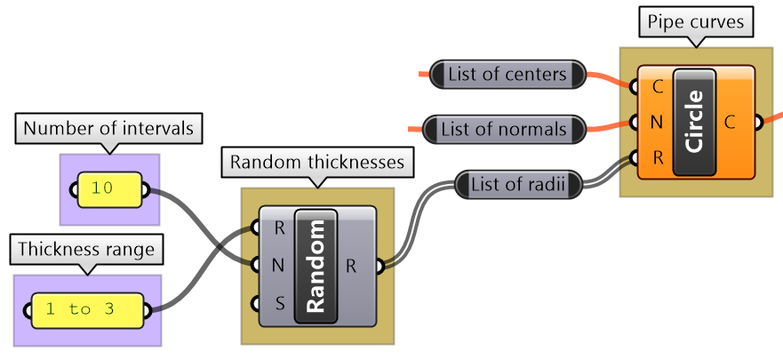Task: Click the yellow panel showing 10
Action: coord(110,189)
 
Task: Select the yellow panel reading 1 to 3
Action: coord(87,310)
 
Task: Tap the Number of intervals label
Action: coord(108,128)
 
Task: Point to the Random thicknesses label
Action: coord(317,162)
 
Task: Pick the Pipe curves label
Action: coord(696,20)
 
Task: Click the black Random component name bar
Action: coord(316,266)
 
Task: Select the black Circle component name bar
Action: coord(696,121)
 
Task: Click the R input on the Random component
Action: coord(278,228)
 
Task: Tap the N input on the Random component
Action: coord(278,265)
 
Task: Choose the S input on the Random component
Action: coord(278,304)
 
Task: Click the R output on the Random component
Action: coord(352,265)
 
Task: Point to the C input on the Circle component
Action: coord(657,87)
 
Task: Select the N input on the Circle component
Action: coord(657,122)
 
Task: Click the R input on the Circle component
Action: coord(657,158)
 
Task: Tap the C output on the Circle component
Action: coord(730,122)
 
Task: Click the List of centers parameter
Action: coord(507,75)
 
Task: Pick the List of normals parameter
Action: coord(504,130)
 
